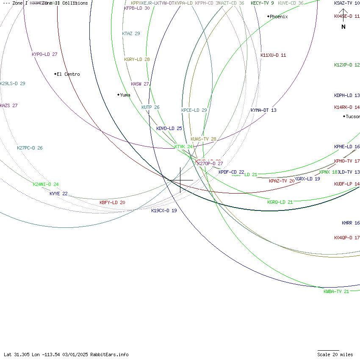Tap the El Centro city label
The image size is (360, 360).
68,75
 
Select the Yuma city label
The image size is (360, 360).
125,95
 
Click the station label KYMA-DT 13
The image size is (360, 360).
263,111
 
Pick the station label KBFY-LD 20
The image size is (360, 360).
112,203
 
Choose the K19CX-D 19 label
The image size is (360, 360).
164,210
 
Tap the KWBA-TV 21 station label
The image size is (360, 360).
336,291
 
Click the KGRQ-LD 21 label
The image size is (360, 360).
280,202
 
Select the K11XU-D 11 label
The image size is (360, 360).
273,55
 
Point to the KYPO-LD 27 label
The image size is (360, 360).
44,55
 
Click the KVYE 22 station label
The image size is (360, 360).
58,194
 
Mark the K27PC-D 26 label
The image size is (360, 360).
30,148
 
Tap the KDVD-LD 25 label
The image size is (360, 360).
169,128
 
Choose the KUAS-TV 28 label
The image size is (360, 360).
203,139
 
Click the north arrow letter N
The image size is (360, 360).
343,27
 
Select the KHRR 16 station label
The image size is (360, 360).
351,223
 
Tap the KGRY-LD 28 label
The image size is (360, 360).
137,60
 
